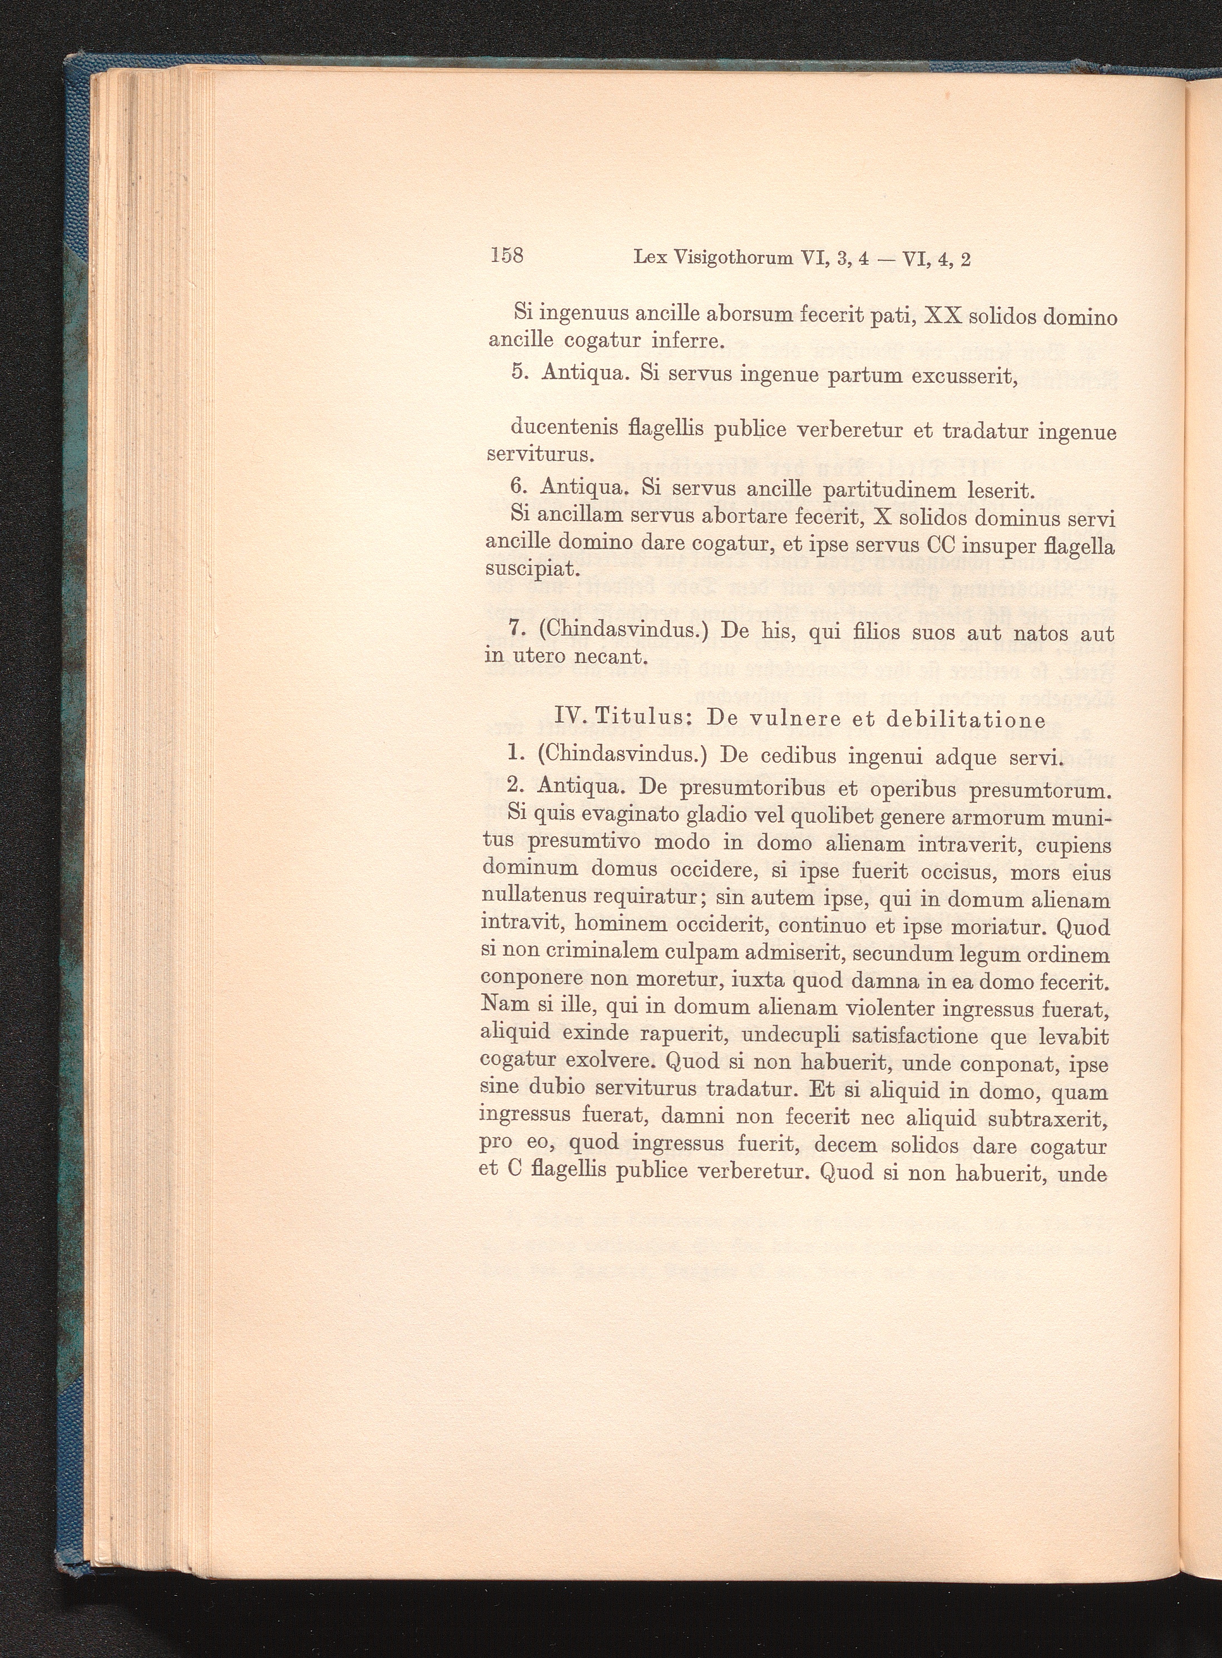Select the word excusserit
point(964,376)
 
